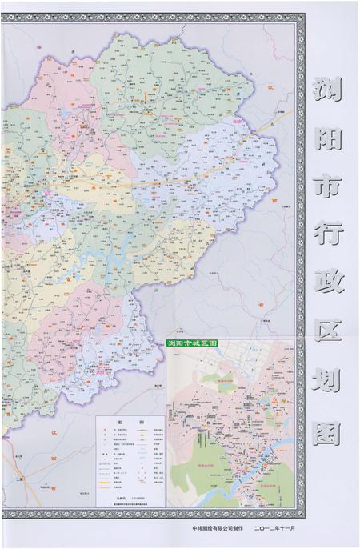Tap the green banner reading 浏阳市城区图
pyautogui.click(x=192, y=342)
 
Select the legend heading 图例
pyautogui.click(x=129, y=422)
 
